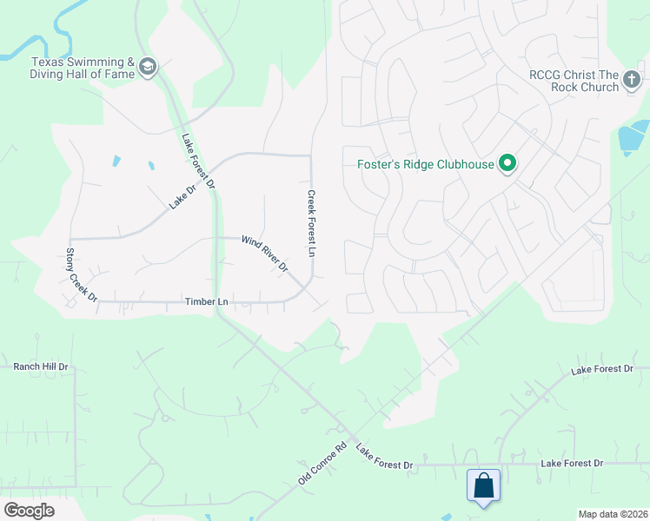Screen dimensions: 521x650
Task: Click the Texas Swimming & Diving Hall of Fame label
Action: tap(83, 68)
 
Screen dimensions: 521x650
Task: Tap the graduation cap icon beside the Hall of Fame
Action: tap(148, 68)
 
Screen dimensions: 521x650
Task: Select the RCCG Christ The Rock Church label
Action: tap(574, 81)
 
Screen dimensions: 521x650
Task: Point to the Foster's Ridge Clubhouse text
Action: tap(425, 163)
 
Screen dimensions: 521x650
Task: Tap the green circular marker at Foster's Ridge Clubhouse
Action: tap(507, 163)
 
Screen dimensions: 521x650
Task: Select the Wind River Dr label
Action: tap(264, 254)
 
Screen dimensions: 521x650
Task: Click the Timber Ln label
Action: tap(206, 301)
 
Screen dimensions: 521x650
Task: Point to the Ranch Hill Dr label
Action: tap(40, 366)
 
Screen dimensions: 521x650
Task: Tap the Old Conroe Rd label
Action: tap(323, 463)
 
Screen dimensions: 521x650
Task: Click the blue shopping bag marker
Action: tap(483, 485)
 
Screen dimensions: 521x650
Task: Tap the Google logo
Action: tap(29, 511)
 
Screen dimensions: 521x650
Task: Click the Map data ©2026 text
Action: tap(614, 514)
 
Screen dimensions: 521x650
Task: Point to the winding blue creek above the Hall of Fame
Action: tap(61, 26)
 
